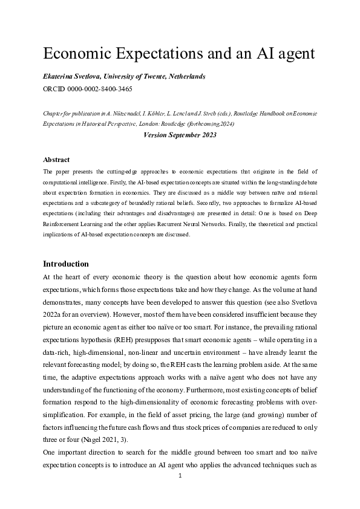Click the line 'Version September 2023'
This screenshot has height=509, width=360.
pyautogui.click(x=180, y=135)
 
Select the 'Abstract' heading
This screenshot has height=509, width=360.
pyautogui.click(x=56, y=160)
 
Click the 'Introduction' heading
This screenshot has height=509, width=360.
pyautogui.click(x=66, y=264)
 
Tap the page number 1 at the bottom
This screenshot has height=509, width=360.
pyautogui.click(x=180, y=476)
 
